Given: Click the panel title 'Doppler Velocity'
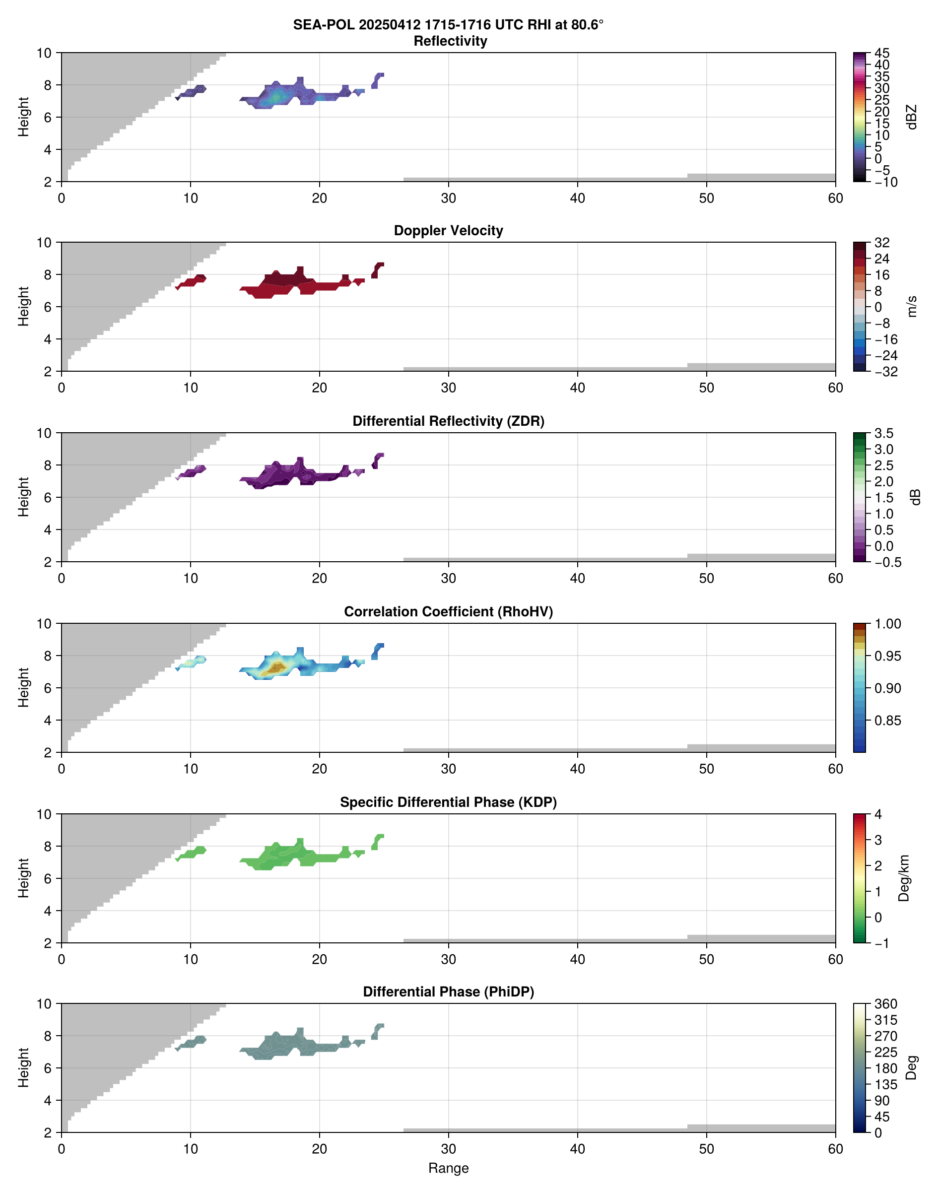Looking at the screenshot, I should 448,231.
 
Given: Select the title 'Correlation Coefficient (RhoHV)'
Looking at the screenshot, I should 448,612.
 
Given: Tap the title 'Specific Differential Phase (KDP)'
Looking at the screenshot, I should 448,802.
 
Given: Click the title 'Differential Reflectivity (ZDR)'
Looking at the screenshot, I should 448,421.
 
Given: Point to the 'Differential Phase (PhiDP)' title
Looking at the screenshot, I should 448,992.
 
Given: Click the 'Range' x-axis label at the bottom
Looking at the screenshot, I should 448,1168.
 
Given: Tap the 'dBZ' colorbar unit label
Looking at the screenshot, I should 912,117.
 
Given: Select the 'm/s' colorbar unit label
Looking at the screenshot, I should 912,306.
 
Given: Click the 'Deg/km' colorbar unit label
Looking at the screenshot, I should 904,878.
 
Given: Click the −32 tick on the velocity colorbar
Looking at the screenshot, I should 885,372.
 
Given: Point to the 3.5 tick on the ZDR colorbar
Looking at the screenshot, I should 883,433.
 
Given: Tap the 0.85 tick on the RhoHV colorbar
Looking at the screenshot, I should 887,721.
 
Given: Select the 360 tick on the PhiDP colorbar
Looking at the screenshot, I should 885,1004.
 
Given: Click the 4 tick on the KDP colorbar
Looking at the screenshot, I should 878,814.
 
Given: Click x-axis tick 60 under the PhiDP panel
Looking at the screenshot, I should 835,1149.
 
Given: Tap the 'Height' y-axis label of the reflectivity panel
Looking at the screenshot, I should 23,117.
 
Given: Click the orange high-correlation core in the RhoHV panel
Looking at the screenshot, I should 274,668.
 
